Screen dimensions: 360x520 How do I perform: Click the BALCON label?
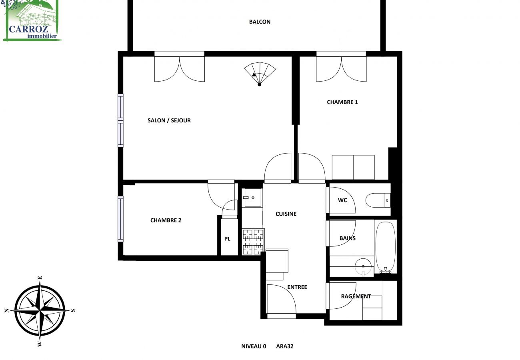[260, 22]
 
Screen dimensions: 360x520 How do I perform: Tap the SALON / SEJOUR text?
[169, 120]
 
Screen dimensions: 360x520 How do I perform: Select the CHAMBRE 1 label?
[342, 102]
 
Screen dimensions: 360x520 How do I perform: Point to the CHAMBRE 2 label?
[166, 220]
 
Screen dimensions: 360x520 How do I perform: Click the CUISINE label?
[286, 214]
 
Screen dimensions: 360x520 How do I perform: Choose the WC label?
[342, 200]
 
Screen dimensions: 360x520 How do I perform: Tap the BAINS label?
[348, 238]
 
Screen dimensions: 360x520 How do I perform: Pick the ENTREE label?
[297, 287]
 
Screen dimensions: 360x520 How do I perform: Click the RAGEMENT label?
[356, 296]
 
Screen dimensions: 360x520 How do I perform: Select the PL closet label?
[227, 239]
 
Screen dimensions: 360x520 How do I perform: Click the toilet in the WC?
[378, 200]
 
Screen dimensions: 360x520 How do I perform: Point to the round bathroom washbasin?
[363, 264]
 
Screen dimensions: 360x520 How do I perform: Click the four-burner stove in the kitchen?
[253, 241]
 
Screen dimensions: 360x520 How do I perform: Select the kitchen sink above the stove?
[252, 198]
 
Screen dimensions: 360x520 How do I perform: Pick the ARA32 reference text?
[285, 346]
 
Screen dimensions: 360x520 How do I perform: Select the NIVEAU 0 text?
[254, 346]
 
